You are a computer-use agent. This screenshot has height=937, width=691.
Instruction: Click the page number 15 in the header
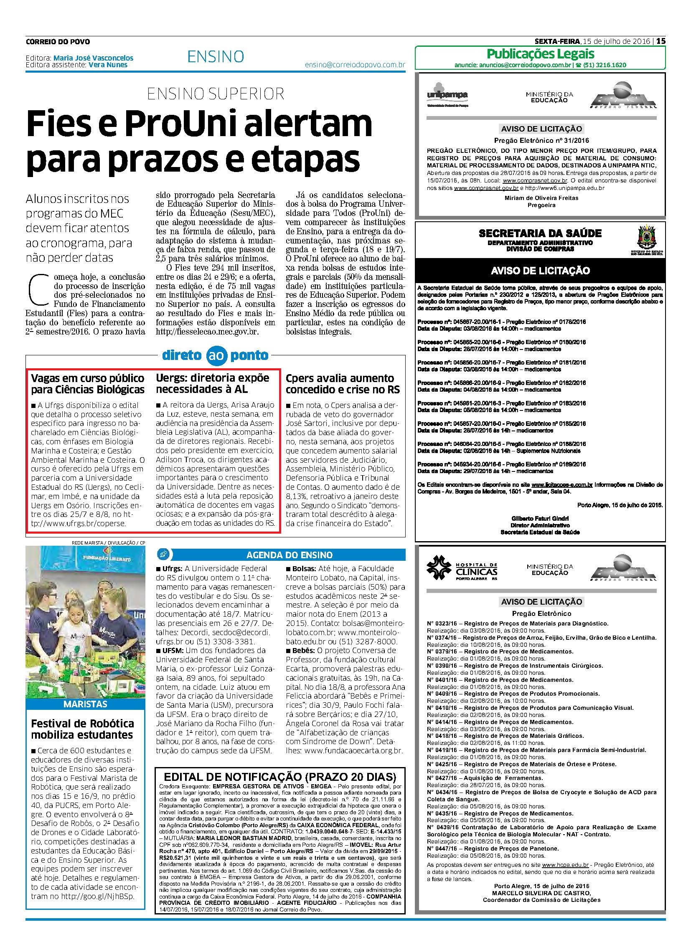pos(661,41)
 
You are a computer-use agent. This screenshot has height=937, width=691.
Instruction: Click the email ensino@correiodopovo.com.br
pos(355,65)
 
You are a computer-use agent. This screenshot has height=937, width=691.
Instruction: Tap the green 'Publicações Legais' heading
pos(541,54)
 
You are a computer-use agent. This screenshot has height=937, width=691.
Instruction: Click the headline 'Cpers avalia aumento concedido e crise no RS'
pos(343,384)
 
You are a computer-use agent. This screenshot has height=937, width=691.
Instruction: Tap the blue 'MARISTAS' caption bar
pos(85,704)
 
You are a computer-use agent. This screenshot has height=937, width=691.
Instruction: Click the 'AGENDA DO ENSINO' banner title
pos(290,555)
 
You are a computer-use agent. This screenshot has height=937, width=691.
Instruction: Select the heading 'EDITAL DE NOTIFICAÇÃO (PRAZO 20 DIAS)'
pos(280,777)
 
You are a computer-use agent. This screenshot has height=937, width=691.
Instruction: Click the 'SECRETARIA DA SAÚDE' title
pos(540,233)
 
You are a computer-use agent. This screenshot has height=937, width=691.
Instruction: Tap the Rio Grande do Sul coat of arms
pos(643,238)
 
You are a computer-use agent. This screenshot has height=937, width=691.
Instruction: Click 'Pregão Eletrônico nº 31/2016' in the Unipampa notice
pos(541,140)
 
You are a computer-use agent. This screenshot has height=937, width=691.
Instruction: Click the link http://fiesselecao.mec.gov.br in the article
pos(208,332)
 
